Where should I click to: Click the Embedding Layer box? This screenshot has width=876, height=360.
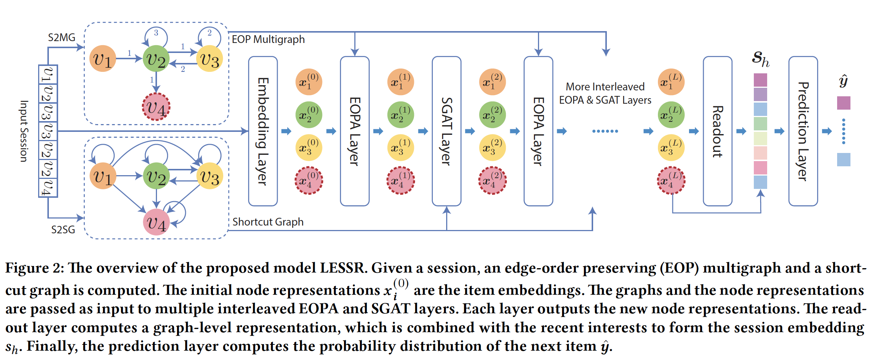[x=263, y=131]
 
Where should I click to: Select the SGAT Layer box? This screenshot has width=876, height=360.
[x=447, y=131]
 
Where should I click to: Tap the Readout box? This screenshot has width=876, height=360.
[x=718, y=131]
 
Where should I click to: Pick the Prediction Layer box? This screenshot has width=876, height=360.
[x=803, y=131]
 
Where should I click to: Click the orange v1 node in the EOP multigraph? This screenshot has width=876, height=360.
[x=103, y=59]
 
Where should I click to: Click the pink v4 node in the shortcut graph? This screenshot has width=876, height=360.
[x=156, y=222]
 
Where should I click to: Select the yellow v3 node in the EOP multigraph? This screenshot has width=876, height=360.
[x=210, y=59]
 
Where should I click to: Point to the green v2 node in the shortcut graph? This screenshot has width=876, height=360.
[x=156, y=176]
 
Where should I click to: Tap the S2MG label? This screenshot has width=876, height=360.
[x=61, y=37]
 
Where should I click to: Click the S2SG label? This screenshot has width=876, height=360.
[x=63, y=230]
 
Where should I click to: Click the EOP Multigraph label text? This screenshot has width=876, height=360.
[x=268, y=39]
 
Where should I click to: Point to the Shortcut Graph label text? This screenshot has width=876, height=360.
[x=268, y=222]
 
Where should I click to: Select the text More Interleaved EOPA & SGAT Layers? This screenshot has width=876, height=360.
[x=605, y=93]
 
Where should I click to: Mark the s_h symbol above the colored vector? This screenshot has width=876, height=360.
[x=760, y=59]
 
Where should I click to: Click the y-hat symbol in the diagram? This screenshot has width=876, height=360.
[x=843, y=81]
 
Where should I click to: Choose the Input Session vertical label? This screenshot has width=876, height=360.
[x=24, y=131]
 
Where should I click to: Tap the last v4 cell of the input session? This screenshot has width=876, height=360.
[x=48, y=188]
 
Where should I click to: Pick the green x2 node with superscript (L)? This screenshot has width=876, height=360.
[x=671, y=115]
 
